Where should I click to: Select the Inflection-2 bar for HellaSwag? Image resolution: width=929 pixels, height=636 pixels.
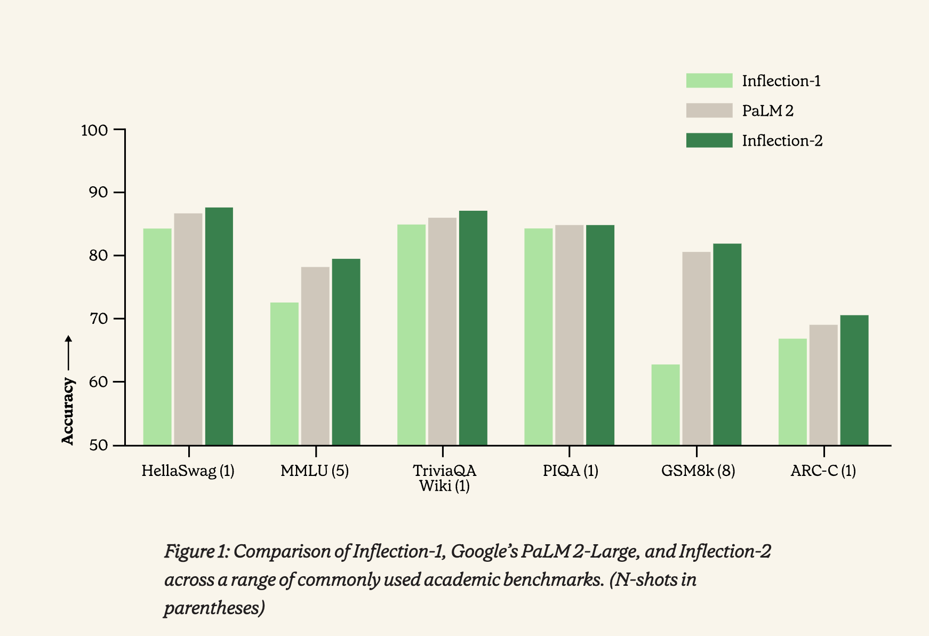point(219,326)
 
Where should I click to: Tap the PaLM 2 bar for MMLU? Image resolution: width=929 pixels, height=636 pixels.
point(315,356)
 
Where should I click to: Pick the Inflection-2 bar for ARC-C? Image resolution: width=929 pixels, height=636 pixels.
point(854,380)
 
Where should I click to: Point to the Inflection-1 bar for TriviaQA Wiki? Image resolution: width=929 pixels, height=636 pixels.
point(411,335)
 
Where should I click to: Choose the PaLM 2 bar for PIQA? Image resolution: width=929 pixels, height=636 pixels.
point(570,335)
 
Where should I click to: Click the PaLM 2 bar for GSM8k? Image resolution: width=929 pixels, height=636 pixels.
point(696,348)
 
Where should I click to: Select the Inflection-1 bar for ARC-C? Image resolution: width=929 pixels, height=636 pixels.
point(792,392)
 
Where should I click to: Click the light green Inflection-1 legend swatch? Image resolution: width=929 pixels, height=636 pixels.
point(709,81)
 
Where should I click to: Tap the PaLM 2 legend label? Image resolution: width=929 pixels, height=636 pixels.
point(768,111)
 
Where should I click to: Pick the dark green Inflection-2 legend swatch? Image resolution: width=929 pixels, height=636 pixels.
point(709,140)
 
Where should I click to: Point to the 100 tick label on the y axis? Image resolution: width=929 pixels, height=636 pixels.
point(94,130)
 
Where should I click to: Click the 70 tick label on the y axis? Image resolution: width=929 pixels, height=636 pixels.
point(99,319)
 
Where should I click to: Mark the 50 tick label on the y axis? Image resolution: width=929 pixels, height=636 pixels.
point(99,446)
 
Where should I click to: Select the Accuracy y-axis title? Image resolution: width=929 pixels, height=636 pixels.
point(68,411)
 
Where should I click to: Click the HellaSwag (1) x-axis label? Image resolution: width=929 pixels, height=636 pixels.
point(188,471)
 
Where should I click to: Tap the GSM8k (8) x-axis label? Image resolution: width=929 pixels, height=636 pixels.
point(698,471)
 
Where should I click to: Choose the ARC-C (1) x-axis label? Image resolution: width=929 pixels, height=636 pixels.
point(823,471)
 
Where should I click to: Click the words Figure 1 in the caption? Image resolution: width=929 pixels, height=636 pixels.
point(196,551)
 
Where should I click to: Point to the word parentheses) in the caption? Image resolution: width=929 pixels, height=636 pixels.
point(214,608)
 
